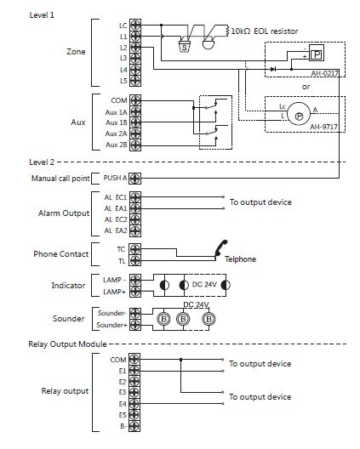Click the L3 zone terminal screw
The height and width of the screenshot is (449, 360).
(135, 59)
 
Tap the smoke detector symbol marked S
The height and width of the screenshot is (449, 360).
(185, 47)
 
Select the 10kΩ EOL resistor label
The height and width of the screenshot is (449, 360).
(265, 31)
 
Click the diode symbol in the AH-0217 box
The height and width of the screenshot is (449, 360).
(273, 69)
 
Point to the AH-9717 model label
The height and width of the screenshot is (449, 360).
(323, 126)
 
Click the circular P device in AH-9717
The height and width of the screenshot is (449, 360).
(299, 114)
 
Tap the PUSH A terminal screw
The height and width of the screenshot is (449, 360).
(134, 179)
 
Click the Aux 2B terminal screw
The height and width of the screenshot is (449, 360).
(135, 145)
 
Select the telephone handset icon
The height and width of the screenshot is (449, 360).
(221, 247)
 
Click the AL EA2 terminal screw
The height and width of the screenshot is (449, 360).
(135, 230)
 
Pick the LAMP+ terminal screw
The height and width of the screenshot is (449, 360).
(135, 292)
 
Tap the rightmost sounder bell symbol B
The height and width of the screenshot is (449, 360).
(209, 319)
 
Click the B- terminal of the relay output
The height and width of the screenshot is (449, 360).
(134, 426)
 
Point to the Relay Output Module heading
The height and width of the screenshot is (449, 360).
(67, 344)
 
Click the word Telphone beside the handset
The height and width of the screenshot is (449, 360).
(240, 259)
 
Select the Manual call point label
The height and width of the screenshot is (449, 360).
(60, 179)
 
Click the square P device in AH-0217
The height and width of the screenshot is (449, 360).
(317, 53)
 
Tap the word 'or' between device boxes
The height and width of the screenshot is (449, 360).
(306, 87)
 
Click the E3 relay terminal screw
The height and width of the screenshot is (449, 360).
(134, 392)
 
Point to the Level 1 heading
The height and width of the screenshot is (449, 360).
(42, 15)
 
